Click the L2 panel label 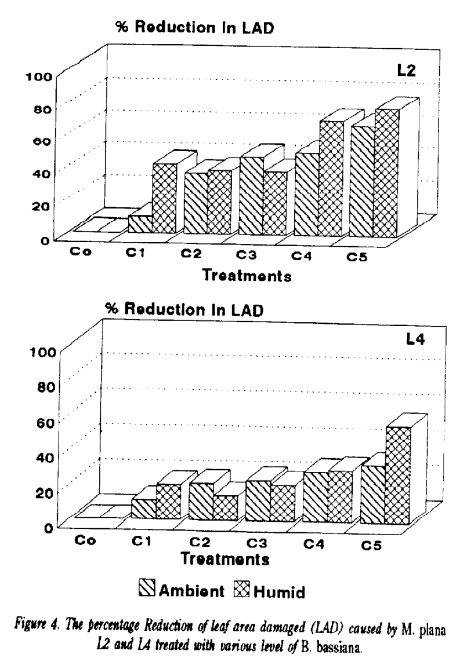(x=406, y=71)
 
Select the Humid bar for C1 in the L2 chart (x=165, y=199)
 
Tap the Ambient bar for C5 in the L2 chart (x=363, y=181)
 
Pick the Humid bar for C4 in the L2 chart (x=331, y=178)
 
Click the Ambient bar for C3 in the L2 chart (x=251, y=196)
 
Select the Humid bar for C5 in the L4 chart (x=398, y=475)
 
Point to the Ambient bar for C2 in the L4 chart (x=201, y=502)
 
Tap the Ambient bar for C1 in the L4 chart (x=143, y=509)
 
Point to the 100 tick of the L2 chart (x=38, y=77)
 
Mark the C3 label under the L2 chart (x=246, y=255)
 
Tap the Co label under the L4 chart (x=85, y=540)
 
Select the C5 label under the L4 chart (x=371, y=545)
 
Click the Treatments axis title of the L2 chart (x=247, y=275)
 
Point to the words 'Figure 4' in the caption (x=33, y=627)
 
